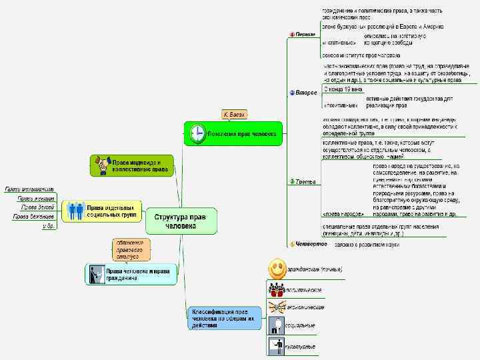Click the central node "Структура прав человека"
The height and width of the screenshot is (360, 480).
coord(181,221)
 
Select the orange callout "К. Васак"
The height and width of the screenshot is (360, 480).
coord(235,115)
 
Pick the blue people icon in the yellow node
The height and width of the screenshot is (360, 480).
coord(75,211)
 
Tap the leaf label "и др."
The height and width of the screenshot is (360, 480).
coord(48,227)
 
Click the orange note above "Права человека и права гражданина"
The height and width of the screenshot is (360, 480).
coord(131,249)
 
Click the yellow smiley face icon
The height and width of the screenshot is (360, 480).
coord(277,269)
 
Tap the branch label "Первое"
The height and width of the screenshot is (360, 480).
coord(305,34)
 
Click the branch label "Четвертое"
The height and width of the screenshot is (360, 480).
coord(311,244)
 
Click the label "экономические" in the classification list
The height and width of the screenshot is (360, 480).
coord(305,307)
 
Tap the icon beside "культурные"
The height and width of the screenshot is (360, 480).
coord(276,346)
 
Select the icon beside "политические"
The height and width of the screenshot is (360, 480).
coord(276,289)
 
